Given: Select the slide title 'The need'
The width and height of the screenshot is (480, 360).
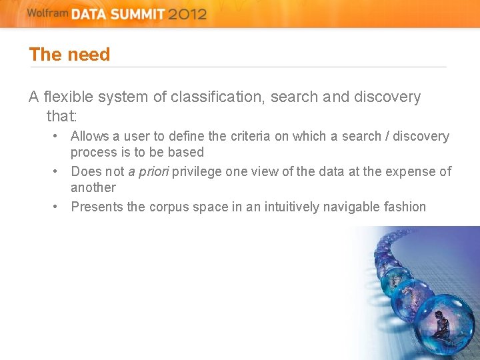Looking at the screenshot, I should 69,55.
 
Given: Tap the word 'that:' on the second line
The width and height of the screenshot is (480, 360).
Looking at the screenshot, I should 62,117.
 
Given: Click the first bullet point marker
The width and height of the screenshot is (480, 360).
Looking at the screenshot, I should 58,136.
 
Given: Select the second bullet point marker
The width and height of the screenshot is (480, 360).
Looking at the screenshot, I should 58,171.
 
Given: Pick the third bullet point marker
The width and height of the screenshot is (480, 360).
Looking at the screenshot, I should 58,207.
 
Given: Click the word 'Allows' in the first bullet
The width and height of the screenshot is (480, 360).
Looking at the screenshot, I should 90,137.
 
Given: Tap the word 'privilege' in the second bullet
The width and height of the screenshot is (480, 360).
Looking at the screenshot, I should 197,172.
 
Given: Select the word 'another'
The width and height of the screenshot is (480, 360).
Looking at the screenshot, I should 93,188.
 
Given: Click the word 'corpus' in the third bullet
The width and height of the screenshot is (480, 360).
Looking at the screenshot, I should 169,207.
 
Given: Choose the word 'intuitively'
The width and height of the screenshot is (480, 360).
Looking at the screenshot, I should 288,207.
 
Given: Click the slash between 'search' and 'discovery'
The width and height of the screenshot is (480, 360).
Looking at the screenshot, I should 387,137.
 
